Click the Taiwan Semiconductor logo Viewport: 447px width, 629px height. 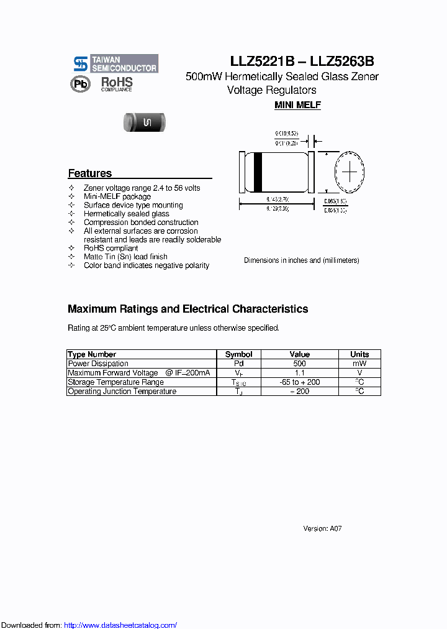coord(115,63)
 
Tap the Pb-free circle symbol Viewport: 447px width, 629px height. coord(80,85)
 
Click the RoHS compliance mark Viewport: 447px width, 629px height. coord(117,84)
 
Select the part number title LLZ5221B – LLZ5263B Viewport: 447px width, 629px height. coord(302,62)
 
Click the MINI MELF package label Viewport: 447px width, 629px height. coord(297,105)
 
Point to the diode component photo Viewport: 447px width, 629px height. coord(146,122)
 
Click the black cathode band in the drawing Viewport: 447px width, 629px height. coord(258,172)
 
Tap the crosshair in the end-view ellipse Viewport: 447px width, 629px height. coord(350,172)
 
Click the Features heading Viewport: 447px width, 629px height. coord(90,173)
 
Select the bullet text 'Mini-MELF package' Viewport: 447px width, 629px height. coord(117,196)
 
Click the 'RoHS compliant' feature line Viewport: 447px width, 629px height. coord(111,248)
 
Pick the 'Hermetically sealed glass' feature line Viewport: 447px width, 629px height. coord(127,214)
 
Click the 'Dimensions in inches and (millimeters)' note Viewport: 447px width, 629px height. coord(301,260)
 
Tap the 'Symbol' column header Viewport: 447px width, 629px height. coord(238,354)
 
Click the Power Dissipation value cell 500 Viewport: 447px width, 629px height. coord(299,364)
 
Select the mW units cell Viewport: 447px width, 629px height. coord(359,364)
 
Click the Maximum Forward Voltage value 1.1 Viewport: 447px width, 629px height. coord(299,373)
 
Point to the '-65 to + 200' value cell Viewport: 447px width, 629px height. coord(299,382)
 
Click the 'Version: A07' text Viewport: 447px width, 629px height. coord(322,528)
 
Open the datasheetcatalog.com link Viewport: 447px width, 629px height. coord(120,625)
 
